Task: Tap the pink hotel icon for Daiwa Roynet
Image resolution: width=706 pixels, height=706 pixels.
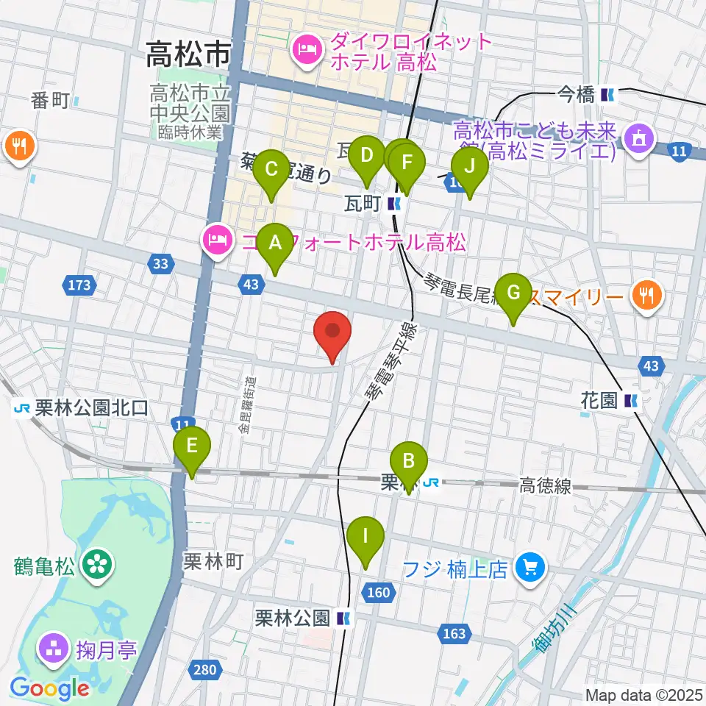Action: pyautogui.click(x=304, y=50)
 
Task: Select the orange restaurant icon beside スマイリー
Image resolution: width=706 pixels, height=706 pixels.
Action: pyautogui.click(x=646, y=296)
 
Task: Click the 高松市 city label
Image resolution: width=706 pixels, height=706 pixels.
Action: pyautogui.click(x=188, y=53)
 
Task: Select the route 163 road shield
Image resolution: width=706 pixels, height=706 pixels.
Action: pyautogui.click(x=454, y=633)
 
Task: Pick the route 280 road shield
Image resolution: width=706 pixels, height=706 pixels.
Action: pyautogui.click(x=206, y=669)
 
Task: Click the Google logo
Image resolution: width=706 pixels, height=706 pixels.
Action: pyautogui.click(x=50, y=688)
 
